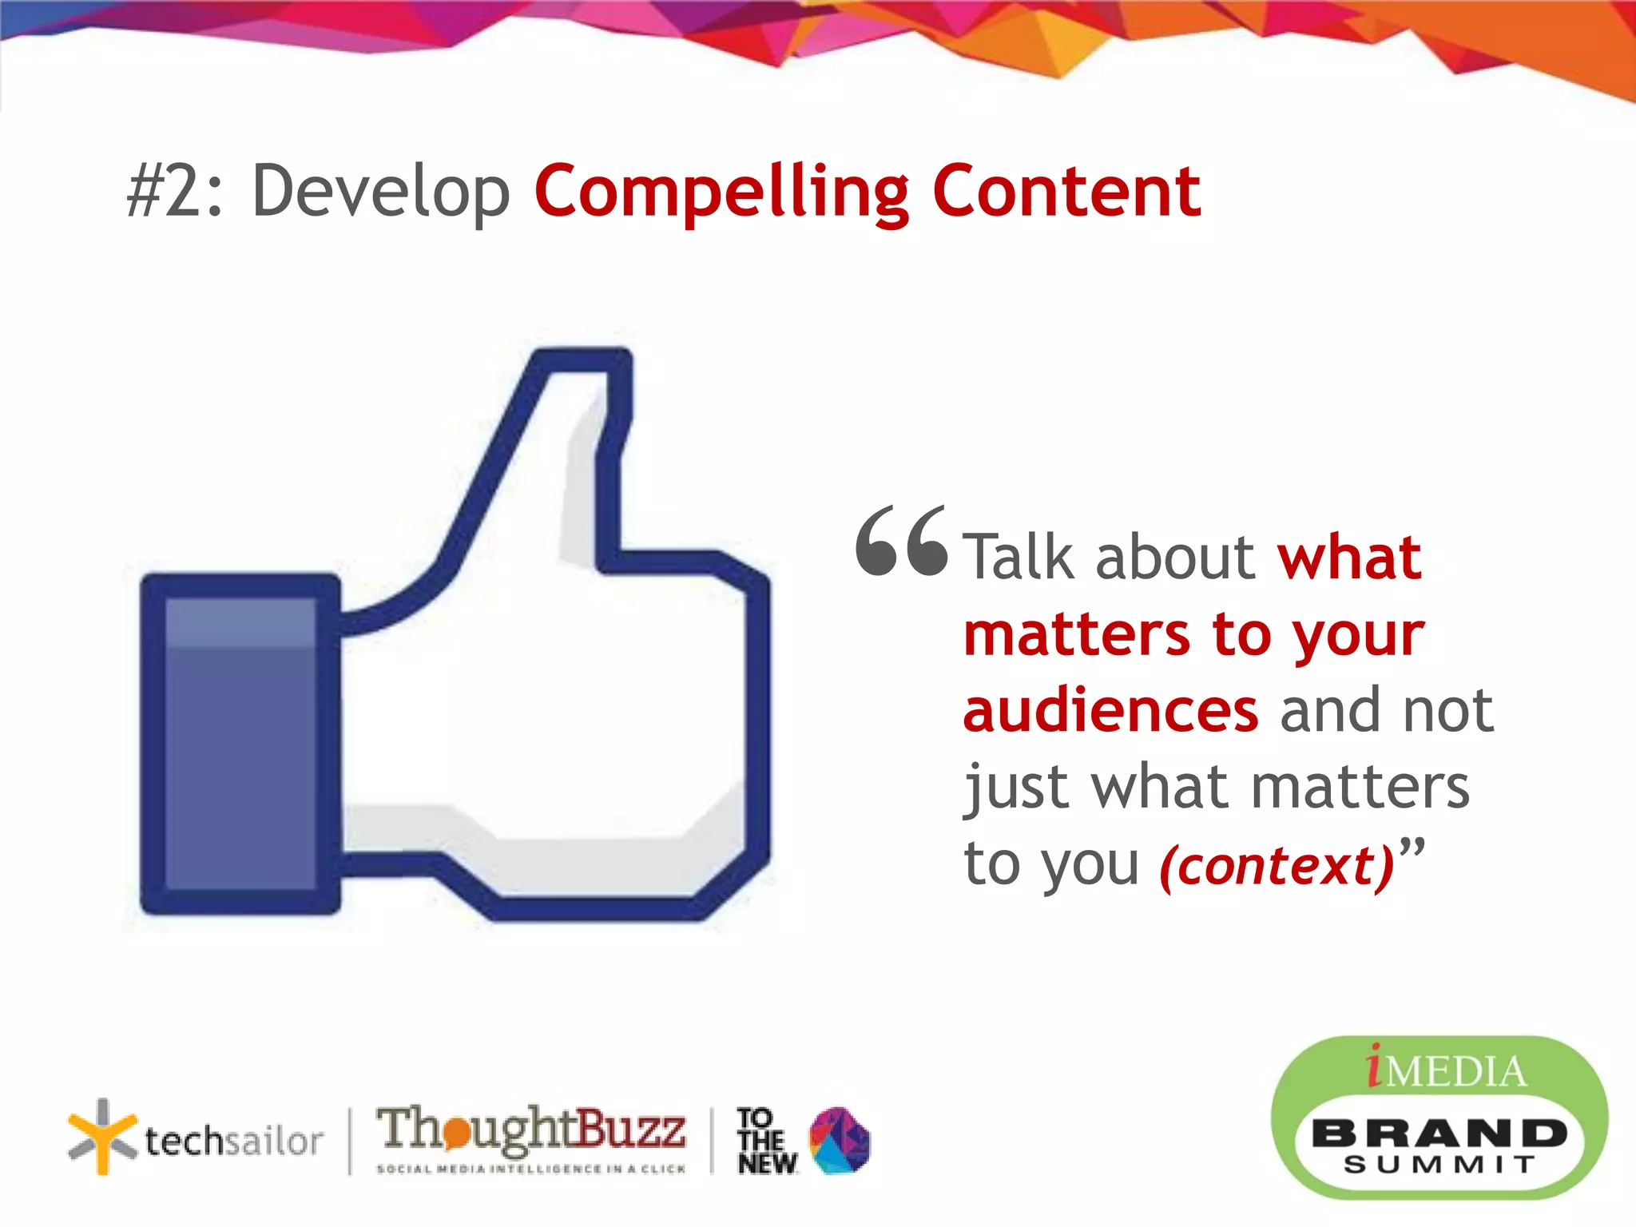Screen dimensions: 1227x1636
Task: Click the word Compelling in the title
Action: click(721, 192)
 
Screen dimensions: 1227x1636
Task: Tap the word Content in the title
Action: click(1066, 192)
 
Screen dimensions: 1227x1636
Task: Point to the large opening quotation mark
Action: click(901, 541)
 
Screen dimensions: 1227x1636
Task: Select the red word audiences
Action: click(1110, 710)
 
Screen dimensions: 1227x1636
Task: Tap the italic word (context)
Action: click(1277, 866)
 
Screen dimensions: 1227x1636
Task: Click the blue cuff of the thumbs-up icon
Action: click(240, 743)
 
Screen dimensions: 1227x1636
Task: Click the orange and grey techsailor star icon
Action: click(101, 1137)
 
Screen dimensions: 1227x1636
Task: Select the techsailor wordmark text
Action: click(234, 1141)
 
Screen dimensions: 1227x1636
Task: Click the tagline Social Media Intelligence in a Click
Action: click(531, 1169)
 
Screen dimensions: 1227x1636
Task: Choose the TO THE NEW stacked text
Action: click(765, 1141)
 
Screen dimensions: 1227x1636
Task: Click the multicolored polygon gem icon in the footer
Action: click(840, 1141)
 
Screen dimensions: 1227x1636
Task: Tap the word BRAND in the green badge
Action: click(1439, 1133)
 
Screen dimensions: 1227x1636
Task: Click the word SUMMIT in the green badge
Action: click(1439, 1165)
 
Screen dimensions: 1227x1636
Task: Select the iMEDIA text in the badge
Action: click(1446, 1070)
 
